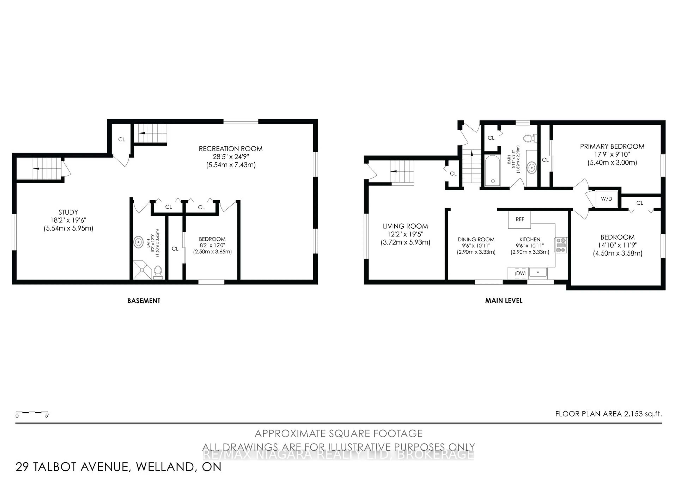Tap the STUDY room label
pos(68,212)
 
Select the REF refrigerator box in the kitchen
pos(520,219)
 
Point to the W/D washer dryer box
pos(606,199)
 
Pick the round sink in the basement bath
pos(138,242)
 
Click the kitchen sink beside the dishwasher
pos(538,272)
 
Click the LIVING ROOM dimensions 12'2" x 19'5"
pos(405,234)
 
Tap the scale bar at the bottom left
pos(32,413)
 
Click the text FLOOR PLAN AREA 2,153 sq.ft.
pos(608,414)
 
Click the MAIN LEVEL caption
pos(504,300)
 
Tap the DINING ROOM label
pos(476,240)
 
